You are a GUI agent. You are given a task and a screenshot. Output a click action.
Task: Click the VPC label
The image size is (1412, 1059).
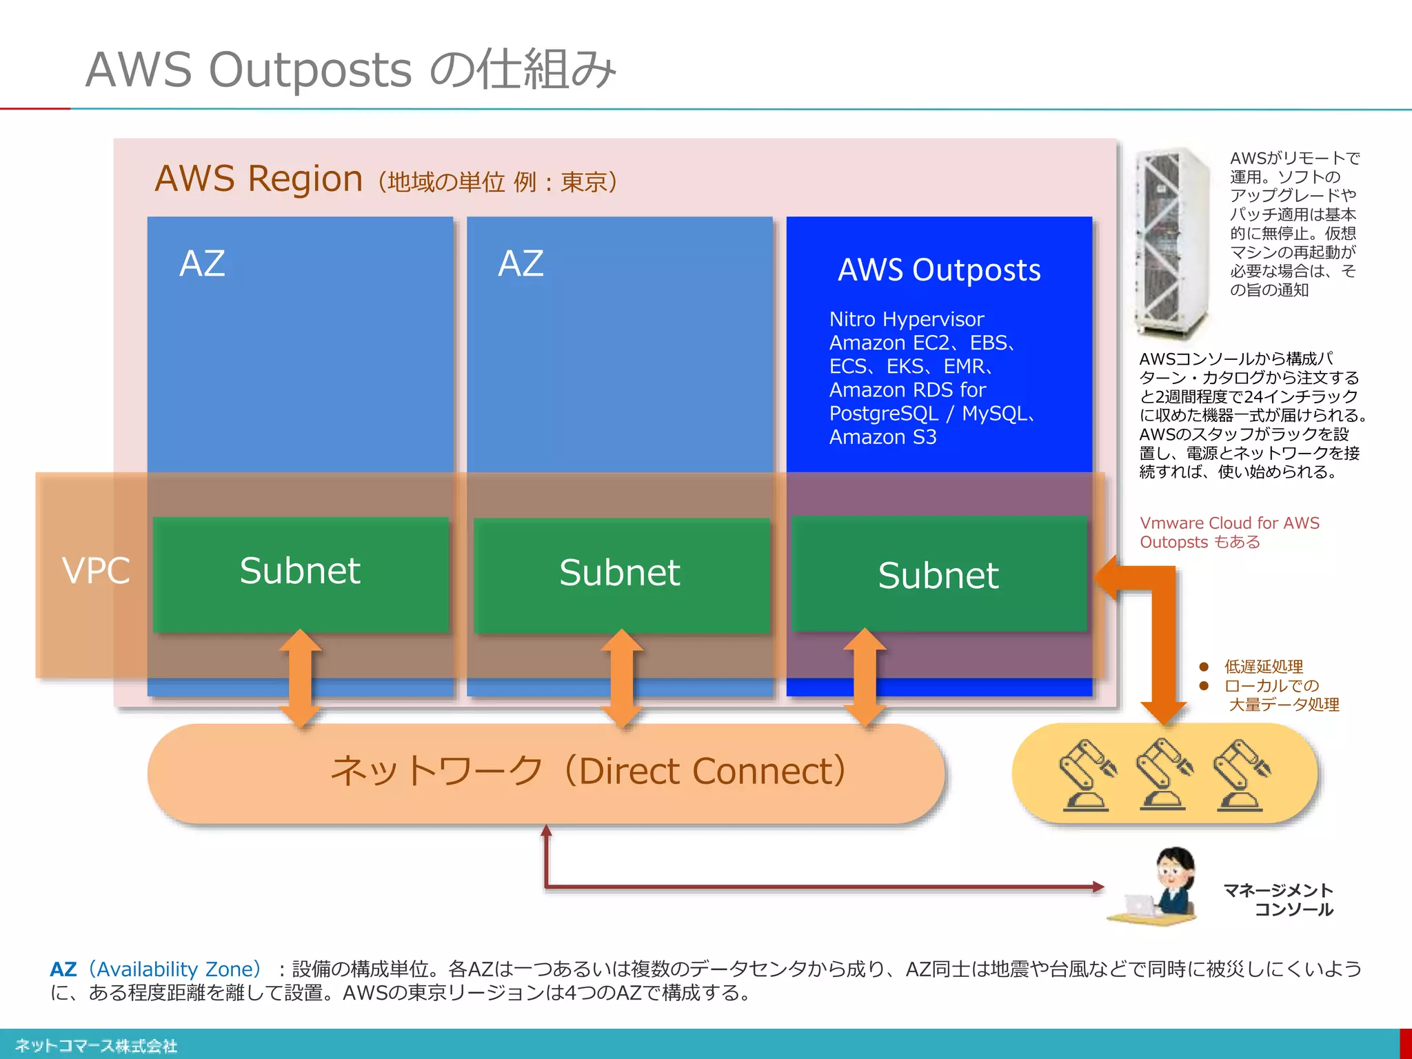(96, 571)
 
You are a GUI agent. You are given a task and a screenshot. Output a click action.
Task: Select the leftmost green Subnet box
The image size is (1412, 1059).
(301, 574)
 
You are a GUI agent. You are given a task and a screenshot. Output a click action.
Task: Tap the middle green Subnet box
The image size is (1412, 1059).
(621, 574)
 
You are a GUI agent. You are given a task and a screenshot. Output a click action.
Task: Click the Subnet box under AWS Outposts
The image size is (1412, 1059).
(938, 574)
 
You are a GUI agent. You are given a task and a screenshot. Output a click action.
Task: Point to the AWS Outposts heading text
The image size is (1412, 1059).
(939, 270)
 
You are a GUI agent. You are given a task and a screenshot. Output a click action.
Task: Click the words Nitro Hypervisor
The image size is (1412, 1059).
(906, 319)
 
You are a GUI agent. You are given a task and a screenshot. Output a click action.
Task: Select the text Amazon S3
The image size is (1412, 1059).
(882, 437)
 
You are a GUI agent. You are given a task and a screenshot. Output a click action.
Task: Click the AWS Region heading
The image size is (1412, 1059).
(259, 179)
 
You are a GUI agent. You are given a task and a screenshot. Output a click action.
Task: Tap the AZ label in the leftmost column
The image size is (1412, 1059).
(202, 263)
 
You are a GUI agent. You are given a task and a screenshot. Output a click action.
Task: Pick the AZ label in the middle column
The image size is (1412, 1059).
(521, 263)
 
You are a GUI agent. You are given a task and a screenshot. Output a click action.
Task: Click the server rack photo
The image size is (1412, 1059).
(1172, 241)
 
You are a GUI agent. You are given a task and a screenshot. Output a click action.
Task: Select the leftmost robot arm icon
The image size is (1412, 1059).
(1087, 774)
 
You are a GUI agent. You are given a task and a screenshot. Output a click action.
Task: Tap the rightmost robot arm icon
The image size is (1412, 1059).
(1241, 774)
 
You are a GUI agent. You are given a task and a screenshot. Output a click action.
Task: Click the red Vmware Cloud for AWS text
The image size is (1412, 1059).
(1229, 523)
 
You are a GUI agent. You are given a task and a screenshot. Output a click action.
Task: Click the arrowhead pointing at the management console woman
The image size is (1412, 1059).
(1098, 887)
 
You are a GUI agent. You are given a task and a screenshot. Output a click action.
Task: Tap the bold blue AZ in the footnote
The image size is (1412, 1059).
(63, 969)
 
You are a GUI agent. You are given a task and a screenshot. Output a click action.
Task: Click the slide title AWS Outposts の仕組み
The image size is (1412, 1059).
(350, 70)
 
